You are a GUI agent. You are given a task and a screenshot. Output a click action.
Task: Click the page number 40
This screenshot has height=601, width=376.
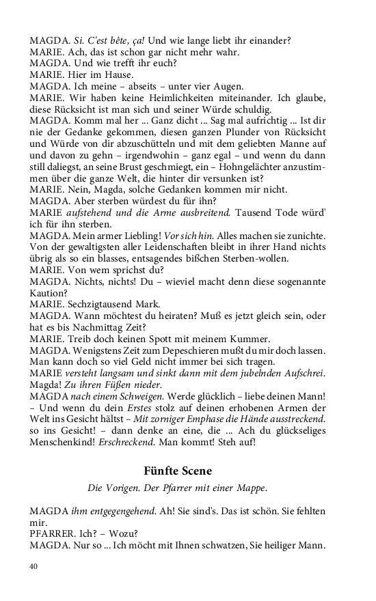(x=34, y=566)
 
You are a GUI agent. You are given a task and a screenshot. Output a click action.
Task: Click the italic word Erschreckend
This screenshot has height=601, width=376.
(x=140, y=443)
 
